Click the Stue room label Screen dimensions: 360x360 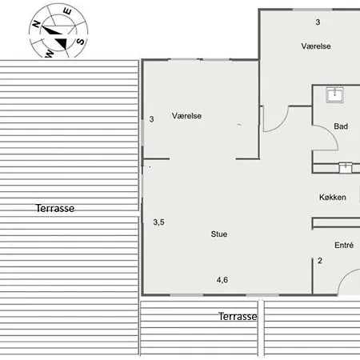click(219, 234)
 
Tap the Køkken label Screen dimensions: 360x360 click(333, 198)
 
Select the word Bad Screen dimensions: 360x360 click(341, 126)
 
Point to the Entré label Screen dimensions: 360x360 click(344, 245)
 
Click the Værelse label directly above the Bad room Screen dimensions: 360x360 click(316, 46)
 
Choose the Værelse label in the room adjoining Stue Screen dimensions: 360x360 click(186, 116)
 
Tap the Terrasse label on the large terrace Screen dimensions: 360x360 click(55, 208)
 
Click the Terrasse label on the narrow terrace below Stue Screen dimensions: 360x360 click(238, 317)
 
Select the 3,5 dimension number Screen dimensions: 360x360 click(158, 222)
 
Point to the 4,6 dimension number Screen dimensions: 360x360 click(222, 280)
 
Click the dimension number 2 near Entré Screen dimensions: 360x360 click(320, 261)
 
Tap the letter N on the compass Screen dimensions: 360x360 click(36, 24)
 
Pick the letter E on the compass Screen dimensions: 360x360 click(67, 11)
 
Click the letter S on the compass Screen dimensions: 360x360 click(80, 42)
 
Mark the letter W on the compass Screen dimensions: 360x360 click(50, 54)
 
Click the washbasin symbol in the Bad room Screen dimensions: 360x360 click(335, 94)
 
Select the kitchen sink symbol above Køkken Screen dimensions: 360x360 click(346, 168)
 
